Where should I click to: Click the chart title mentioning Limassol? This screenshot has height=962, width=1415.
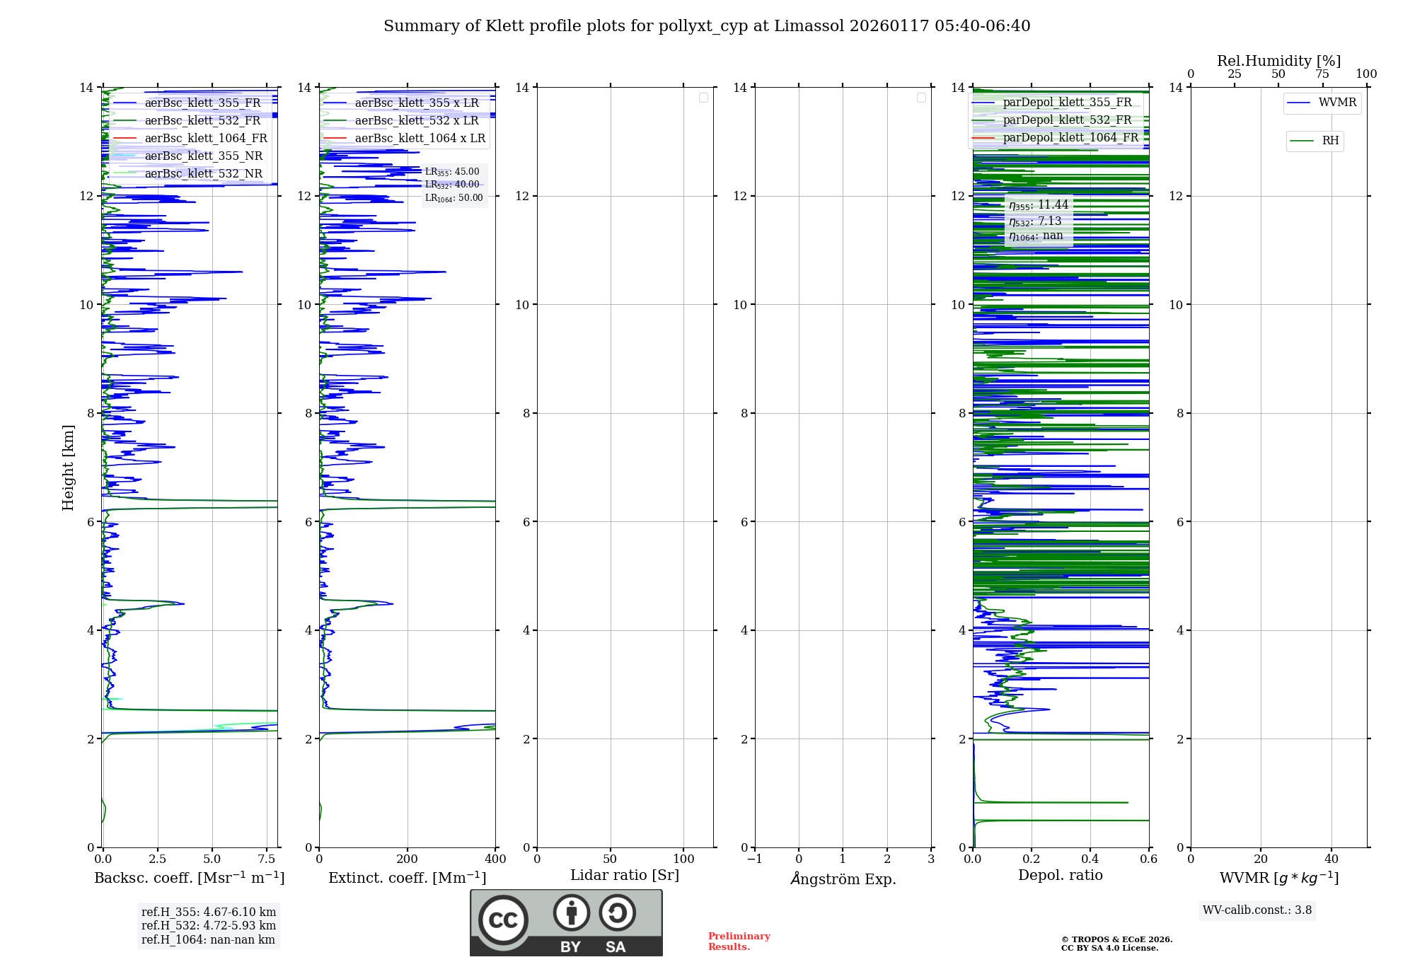coord(707,26)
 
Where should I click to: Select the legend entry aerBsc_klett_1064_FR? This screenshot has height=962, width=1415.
coord(205,138)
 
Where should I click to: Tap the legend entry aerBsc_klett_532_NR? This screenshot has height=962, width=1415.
coord(203,173)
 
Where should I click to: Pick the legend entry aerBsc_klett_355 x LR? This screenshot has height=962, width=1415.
coord(416,103)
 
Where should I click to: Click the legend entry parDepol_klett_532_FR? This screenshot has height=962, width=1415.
coord(1067,120)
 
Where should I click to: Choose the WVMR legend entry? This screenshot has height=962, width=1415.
coord(1337,103)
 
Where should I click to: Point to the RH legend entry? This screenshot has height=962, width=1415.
coord(1330,141)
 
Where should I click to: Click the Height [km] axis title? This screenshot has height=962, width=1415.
coord(68,468)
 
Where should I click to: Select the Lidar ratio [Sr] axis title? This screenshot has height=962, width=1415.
coord(625,875)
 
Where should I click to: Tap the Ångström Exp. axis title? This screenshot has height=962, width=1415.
coord(843,879)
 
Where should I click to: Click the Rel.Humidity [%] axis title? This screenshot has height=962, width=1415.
coord(1278,61)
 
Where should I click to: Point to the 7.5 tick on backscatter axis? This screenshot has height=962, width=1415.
coord(267,859)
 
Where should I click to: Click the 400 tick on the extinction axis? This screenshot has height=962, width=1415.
coord(495,859)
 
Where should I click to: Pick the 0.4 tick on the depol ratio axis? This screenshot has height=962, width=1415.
coord(1090,859)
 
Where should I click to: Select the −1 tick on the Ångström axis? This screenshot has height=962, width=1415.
coord(755,859)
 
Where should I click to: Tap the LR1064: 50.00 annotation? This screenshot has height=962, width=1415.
coord(454,198)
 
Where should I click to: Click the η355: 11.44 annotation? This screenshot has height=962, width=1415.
coord(1039,205)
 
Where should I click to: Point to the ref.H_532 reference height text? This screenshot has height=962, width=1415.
coord(209,925)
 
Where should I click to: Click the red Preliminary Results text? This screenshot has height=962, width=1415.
coord(739,941)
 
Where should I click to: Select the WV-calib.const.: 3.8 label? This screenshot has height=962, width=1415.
coord(1257,910)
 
